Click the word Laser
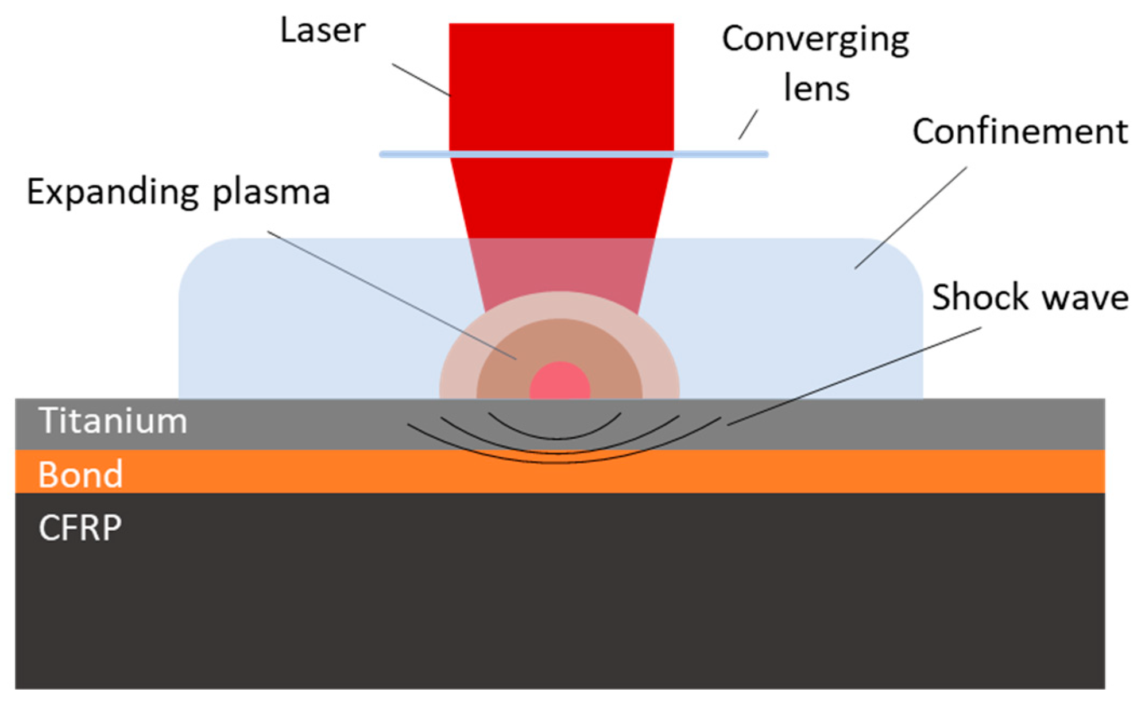point(323,30)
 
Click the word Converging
point(815,40)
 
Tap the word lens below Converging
point(817,89)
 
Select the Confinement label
point(1020,132)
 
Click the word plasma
point(271,192)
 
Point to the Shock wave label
point(1030,298)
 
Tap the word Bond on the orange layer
point(80,474)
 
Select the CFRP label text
point(80,528)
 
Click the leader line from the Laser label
point(421,80)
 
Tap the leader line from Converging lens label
point(748,125)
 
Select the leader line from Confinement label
point(911,218)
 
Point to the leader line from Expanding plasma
point(390,295)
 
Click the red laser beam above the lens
point(561,86)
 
